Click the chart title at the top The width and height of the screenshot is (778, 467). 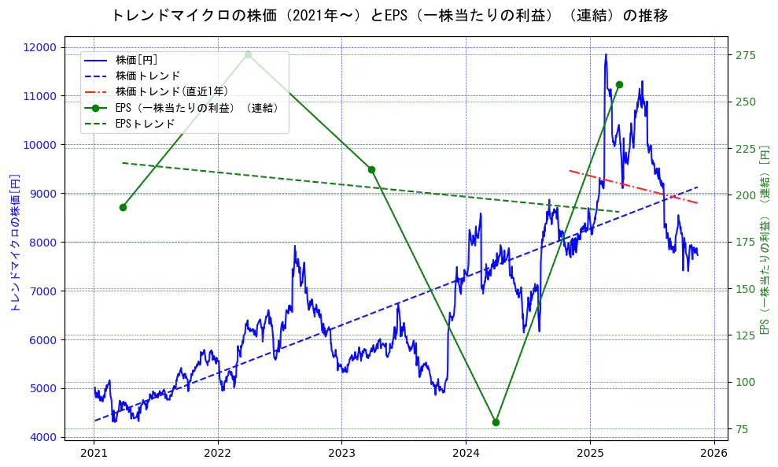(x=389, y=15)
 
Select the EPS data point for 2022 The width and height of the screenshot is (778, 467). (x=248, y=54)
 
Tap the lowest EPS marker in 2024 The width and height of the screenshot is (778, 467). (x=496, y=422)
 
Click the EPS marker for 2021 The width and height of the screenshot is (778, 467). (x=123, y=207)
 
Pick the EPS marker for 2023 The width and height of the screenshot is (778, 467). (x=371, y=169)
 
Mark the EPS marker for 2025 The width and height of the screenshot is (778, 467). (x=619, y=84)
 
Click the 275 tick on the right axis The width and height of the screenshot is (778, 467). (x=746, y=55)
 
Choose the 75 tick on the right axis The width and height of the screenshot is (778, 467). (x=743, y=429)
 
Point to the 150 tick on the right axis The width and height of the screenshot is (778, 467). (x=746, y=289)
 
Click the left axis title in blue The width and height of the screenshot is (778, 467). (x=14, y=243)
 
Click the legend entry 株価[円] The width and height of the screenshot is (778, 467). (x=137, y=60)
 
